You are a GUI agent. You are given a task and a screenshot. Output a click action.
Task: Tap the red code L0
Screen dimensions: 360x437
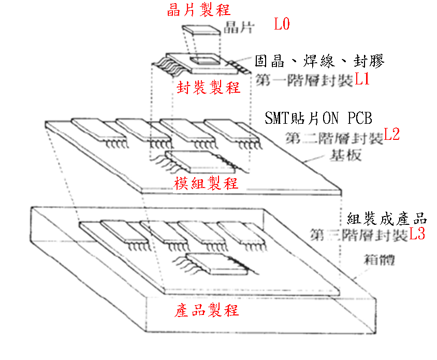[282, 24]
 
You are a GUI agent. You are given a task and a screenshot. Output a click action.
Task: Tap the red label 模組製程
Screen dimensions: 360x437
[207, 183]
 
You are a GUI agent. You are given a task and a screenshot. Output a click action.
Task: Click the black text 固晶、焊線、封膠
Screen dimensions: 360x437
[319, 62]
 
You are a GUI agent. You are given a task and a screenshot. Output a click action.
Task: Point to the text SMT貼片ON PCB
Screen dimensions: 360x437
[318, 119]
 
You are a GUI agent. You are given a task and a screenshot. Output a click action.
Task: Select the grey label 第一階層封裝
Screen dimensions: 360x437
[305, 80]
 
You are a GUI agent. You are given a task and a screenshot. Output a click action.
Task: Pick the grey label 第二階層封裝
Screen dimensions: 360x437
[334, 138]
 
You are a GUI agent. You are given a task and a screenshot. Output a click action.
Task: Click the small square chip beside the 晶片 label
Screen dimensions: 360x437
[201, 33]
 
